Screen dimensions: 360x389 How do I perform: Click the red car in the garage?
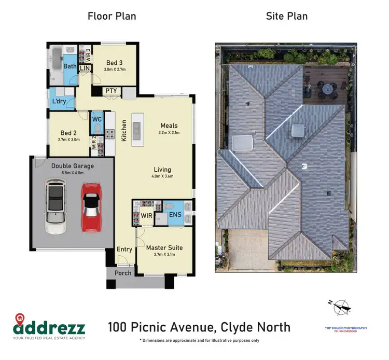90,207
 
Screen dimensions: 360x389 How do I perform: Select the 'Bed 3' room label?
115,63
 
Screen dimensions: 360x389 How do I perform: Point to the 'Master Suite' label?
164,247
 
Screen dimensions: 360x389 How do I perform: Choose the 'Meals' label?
169,126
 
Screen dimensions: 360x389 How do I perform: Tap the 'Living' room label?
162,170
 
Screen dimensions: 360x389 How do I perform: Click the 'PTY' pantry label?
111,91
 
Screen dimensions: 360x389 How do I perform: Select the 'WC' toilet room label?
96,119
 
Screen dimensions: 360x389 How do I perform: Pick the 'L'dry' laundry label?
58,102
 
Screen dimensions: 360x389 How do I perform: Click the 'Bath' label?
70,66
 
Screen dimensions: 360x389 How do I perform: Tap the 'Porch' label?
123,273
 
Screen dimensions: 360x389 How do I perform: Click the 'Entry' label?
124,250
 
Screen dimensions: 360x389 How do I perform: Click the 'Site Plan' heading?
287,16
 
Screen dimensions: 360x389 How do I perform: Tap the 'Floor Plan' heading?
112,16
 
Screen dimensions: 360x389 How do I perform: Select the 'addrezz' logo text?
50,327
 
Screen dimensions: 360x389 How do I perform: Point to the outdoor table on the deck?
328,90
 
